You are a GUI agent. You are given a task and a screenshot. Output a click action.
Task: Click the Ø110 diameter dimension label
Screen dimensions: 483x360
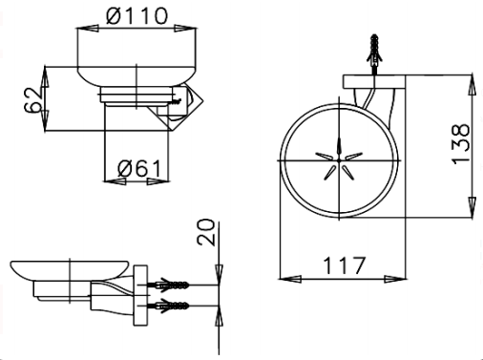point(136,16)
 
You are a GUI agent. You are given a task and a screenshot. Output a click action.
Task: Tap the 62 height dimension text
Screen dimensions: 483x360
point(32,99)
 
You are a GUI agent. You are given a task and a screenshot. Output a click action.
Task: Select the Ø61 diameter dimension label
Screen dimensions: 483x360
point(139,168)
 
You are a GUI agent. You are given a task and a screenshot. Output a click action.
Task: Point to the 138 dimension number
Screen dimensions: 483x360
point(460,144)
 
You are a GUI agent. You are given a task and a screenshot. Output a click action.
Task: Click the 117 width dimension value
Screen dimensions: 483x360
point(345,265)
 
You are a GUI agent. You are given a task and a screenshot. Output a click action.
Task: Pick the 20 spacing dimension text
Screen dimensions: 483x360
point(206,232)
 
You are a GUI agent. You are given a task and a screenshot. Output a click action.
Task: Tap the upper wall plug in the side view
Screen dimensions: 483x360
point(168,285)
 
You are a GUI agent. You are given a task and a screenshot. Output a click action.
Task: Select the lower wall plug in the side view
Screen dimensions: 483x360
point(168,306)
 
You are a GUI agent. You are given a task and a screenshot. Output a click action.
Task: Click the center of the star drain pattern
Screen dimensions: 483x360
point(339,160)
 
